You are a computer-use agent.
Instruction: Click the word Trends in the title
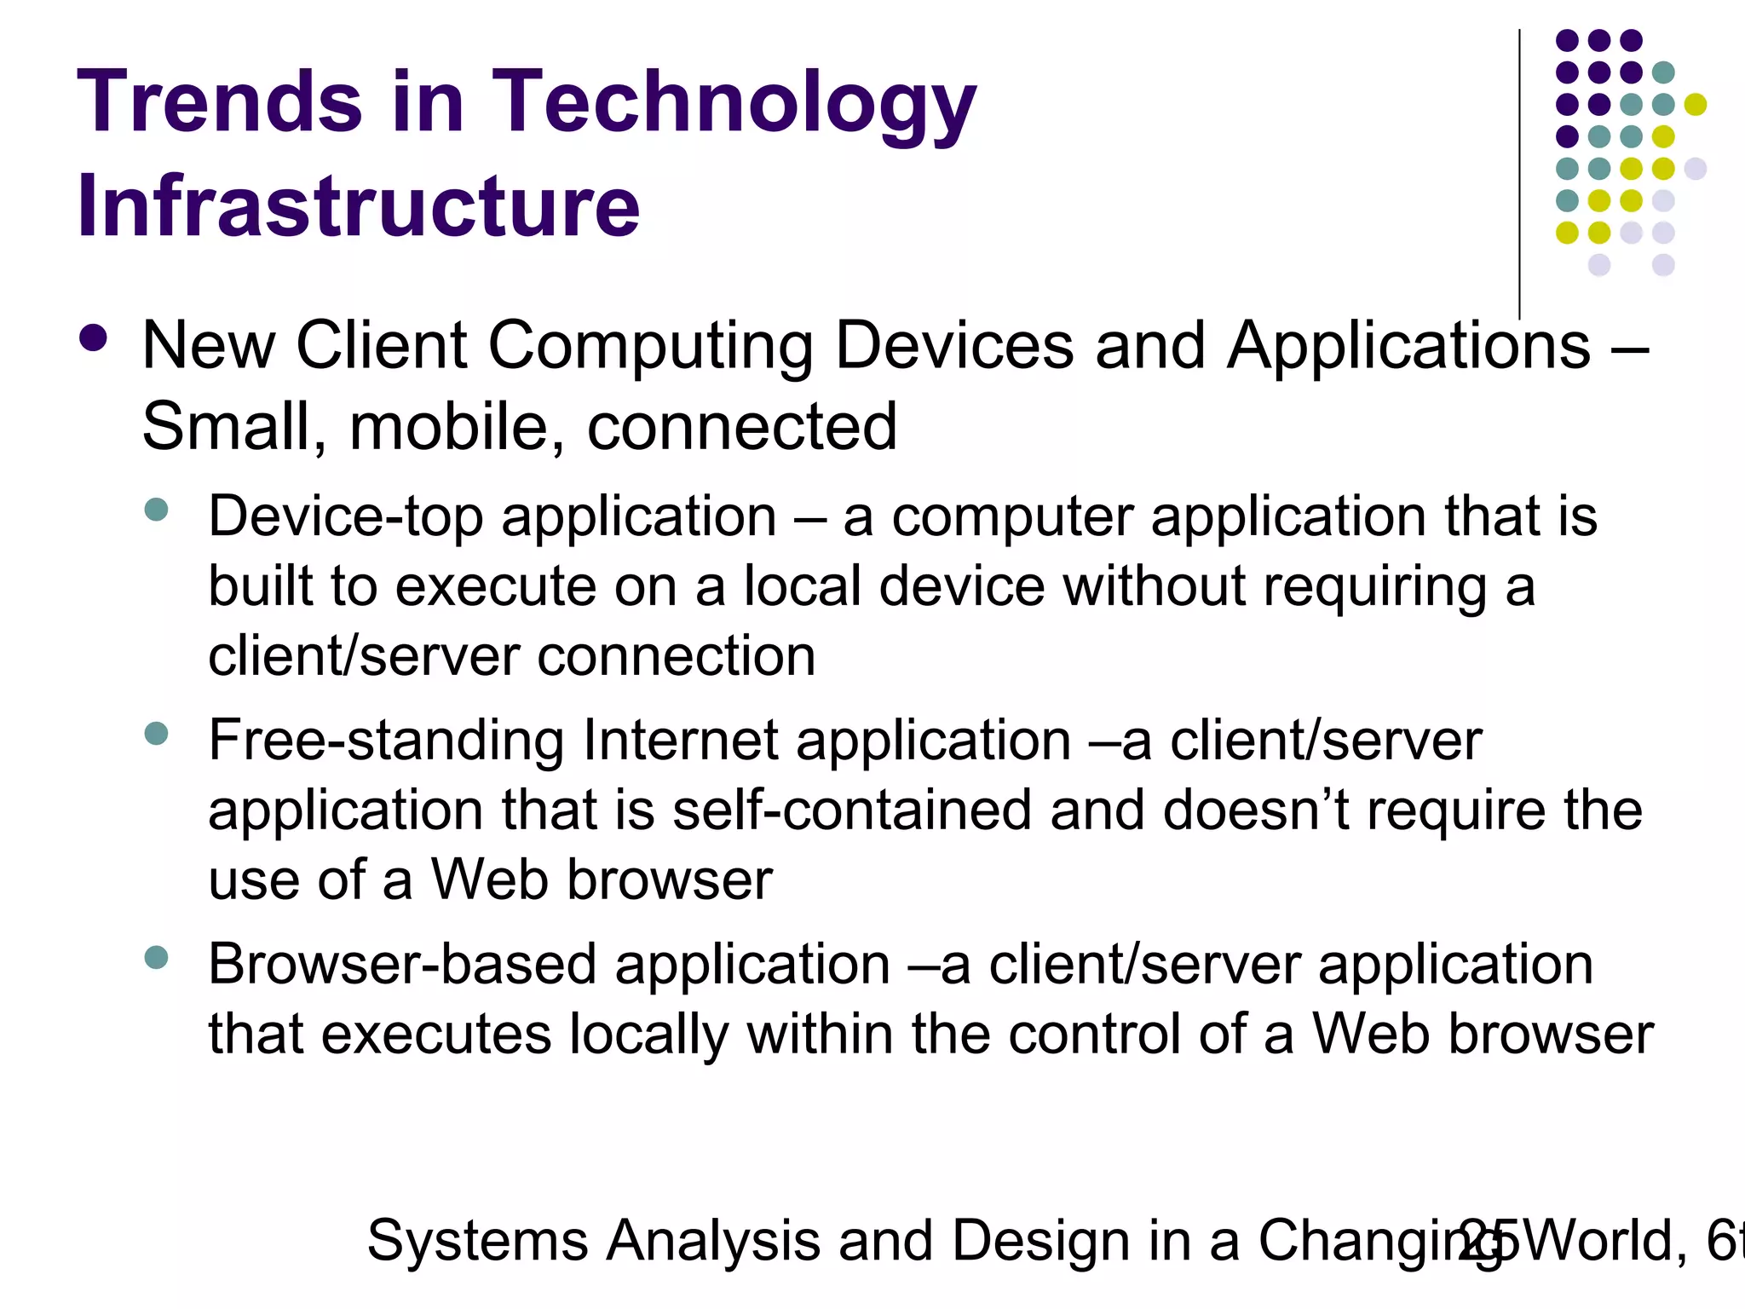pos(220,102)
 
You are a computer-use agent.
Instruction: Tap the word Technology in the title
pos(734,104)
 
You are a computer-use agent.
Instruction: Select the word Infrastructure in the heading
pos(358,206)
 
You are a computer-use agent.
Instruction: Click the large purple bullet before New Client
pos(93,338)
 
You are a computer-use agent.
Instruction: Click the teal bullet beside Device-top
pos(157,510)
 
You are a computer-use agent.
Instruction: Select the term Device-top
pos(346,517)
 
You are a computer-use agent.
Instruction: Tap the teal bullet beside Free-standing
pos(157,734)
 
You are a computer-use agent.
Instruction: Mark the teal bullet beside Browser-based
pos(157,957)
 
